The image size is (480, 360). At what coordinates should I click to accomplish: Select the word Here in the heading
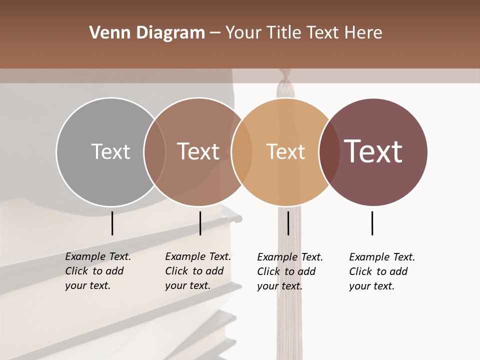coord(363,33)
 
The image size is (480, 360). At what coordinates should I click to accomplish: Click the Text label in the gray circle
coord(110,151)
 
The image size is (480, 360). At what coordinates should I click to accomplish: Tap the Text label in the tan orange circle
coord(285,151)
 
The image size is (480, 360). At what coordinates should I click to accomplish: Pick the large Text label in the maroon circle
coord(373,151)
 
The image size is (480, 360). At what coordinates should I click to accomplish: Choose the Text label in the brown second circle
coord(198,151)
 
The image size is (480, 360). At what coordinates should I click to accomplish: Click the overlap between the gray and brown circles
coord(154,151)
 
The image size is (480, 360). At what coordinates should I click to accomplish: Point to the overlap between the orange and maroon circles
coord(328,151)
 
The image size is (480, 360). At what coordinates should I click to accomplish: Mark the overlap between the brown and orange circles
coord(242,151)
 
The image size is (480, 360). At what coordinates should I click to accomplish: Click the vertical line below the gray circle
coord(112,223)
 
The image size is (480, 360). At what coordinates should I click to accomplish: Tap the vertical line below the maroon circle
coord(372,223)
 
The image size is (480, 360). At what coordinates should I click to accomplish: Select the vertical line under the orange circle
coord(288,223)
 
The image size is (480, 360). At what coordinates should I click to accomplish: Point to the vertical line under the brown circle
coord(200,223)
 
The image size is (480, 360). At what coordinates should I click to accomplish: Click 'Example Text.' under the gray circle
coord(98,256)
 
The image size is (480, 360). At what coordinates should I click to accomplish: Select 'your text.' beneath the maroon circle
coord(371,286)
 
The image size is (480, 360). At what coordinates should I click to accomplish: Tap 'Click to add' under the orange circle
coord(286,271)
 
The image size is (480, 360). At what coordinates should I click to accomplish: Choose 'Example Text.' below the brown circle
coord(198,256)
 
